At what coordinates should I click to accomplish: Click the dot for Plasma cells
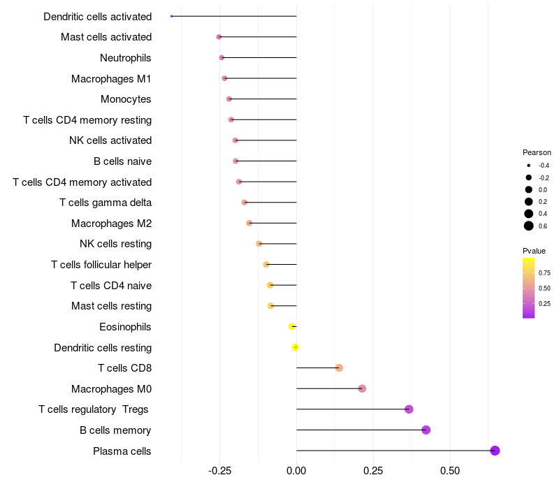495,451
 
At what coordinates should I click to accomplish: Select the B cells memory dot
426,430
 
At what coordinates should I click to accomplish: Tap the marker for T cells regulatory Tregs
409,409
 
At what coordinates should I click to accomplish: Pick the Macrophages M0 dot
362,388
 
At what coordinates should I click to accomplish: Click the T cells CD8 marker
339,368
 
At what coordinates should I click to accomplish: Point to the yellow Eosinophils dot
292,326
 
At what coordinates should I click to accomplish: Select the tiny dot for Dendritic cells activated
171,16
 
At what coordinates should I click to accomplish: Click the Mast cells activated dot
219,37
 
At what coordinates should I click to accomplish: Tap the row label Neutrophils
126,57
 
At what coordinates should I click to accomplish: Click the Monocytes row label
126,99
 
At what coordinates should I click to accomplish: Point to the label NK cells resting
116,244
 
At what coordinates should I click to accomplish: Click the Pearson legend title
537,152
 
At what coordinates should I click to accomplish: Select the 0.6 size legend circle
529,226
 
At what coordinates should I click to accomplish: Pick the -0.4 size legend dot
529,166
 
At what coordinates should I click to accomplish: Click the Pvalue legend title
534,251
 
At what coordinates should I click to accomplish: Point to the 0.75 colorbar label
544,272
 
